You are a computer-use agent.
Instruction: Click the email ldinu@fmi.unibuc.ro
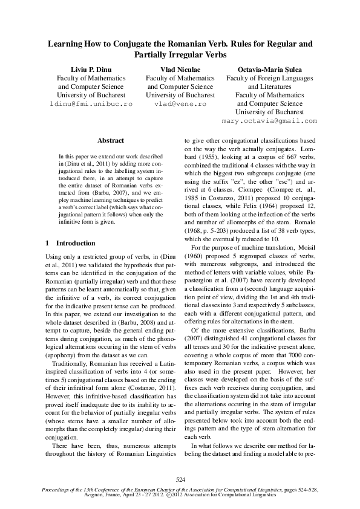91,104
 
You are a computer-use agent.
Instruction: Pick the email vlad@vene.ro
181,104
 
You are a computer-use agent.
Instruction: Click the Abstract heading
110,140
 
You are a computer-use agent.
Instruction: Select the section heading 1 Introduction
71,243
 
